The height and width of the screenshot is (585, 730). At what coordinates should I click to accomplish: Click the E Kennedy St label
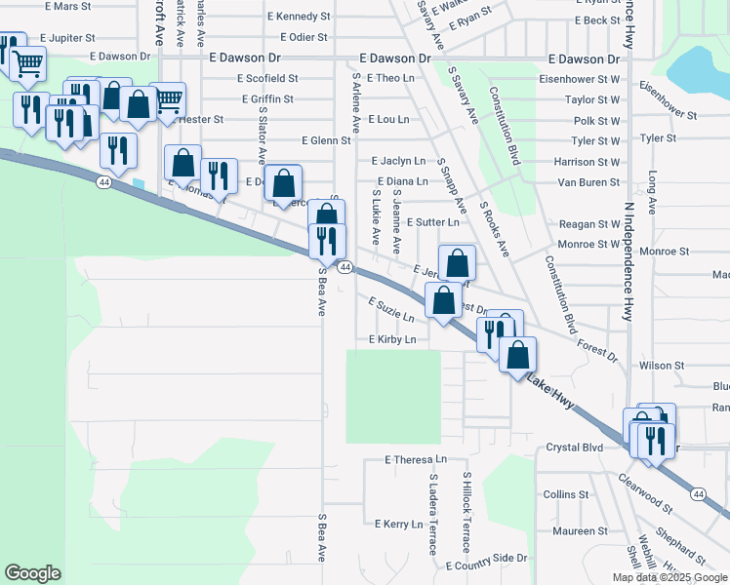coord(299,17)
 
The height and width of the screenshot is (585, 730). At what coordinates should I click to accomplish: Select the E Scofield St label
coord(265,78)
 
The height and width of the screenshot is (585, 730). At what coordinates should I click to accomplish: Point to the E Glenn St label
coord(326,140)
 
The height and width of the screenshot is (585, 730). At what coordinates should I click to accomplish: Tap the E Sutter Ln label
coord(432,222)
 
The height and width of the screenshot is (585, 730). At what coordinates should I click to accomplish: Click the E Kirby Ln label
coord(392,339)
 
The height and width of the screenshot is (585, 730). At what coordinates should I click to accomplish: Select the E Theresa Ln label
coord(415,458)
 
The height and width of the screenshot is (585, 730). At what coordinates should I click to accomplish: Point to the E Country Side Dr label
coord(486,565)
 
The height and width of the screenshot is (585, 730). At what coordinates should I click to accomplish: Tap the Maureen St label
coord(580,531)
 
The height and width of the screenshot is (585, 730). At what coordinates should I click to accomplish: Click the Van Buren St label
coord(588,182)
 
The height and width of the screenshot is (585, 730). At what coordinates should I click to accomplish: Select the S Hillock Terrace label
coord(466,516)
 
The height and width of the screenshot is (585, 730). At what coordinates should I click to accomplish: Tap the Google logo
coord(33,573)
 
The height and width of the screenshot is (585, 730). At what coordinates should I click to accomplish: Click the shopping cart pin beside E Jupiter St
coord(29,63)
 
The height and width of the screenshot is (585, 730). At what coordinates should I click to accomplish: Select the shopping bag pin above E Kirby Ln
coord(444,301)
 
